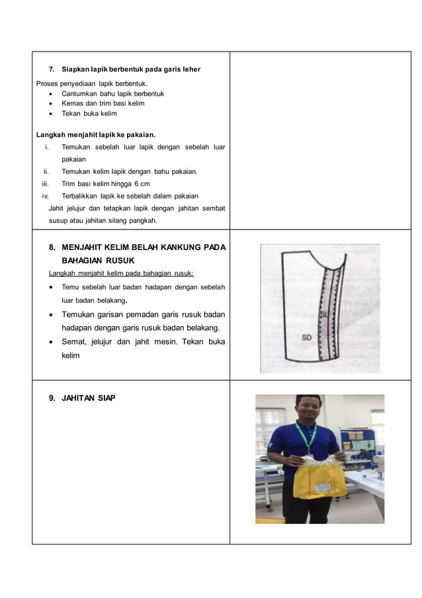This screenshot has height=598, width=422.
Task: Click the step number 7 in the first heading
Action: (52, 69)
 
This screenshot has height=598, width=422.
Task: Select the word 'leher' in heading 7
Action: (190, 69)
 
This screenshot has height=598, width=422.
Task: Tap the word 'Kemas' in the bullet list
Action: (72, 103)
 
